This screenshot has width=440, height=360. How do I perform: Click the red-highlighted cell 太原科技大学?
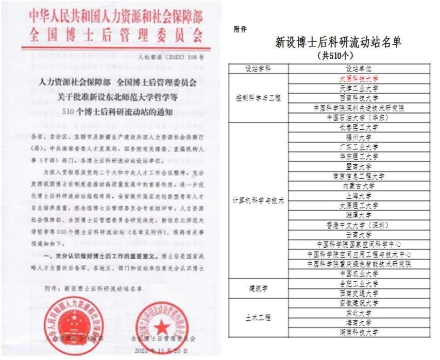pos(359,79)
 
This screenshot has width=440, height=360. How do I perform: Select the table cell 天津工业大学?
pos(359,88)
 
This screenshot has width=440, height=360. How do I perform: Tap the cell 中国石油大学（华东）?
pos(359,117)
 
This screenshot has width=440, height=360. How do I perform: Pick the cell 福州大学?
pos(359,137)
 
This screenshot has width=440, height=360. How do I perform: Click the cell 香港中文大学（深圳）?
pos(359,225)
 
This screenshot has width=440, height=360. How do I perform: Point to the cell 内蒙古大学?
pos(359,186)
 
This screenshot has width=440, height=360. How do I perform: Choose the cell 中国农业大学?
pos(359,273)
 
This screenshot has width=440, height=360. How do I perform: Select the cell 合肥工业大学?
pos(359,283)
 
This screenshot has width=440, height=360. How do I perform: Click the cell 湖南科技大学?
pos(359,332)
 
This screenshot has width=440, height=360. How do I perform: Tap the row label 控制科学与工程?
pos(259,98)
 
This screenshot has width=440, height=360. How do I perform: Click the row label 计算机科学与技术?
pos(259,200)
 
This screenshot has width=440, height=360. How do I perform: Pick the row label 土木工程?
pos(259,318)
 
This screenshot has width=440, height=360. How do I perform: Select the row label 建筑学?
pos(259,288)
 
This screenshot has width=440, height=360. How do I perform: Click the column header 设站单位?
pos(359,68)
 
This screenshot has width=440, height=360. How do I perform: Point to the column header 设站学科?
pos(259,68)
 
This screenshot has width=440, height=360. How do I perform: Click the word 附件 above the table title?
pos(240,29)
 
